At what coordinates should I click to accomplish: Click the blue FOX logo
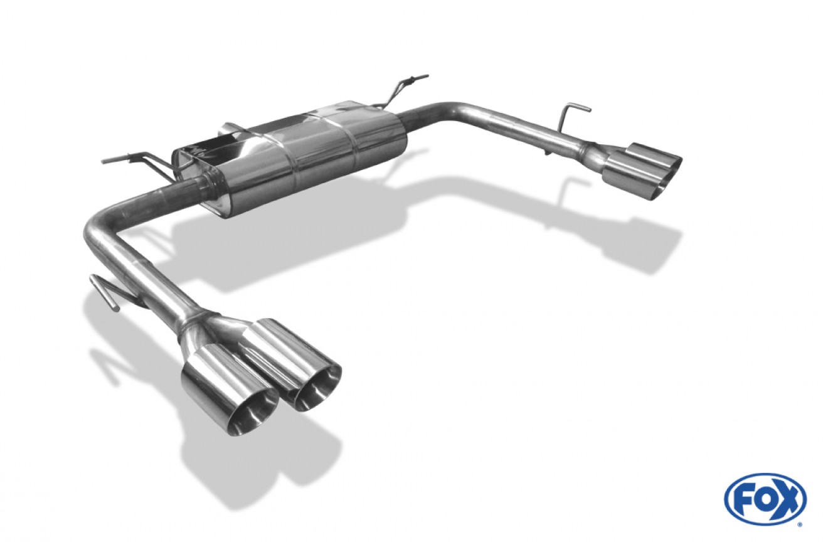click(x=765, y=499)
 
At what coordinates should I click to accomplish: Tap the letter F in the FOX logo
click(x=743, y=499)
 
